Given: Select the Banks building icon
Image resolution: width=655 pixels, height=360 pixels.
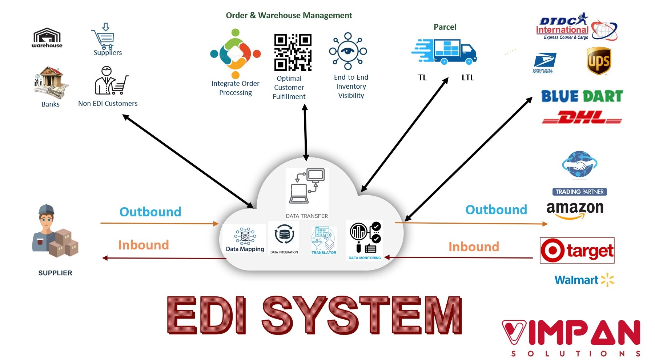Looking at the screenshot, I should pyautogui.click(x=51, y=82).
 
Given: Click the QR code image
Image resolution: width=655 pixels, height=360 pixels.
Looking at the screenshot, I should pyautogui.click(x=293, y=52).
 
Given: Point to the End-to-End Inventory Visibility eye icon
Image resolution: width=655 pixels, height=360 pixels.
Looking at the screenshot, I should pyautogui.click(x=348, y=51).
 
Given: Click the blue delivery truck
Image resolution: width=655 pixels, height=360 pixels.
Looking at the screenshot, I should pyautogui.click(x=445, y=51).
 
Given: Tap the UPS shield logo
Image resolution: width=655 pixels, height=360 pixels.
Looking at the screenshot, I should pyautogui.click(x=598, y=61).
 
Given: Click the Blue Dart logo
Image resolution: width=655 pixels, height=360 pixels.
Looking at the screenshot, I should pyautogui.click(x=582, y=96).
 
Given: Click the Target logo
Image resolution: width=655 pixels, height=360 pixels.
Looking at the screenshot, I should pyautogui.click(x=577, y=250).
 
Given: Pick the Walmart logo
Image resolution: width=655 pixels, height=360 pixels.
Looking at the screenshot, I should pyautogui.click(x=584, y=280).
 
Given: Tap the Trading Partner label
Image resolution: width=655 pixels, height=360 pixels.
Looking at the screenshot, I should pyautogui.click(x=579, y=192).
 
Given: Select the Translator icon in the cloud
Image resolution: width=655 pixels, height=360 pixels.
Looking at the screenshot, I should pyautogui.click(x=324, y=239).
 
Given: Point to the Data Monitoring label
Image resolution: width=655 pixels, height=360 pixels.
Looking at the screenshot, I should pyautogui.click(x=365, y=258).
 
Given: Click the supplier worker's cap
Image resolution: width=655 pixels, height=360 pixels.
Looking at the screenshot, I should pyautogui.click(x=47, y=209).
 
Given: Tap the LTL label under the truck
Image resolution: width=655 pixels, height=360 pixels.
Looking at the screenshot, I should pyautogui.click(x=468, y=77).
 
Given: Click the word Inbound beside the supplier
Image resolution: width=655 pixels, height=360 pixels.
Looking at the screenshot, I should pyautogui.click(x=144, y=245).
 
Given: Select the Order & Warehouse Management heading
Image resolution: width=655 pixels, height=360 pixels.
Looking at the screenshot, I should pyautogui.click(x=289, y=15).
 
